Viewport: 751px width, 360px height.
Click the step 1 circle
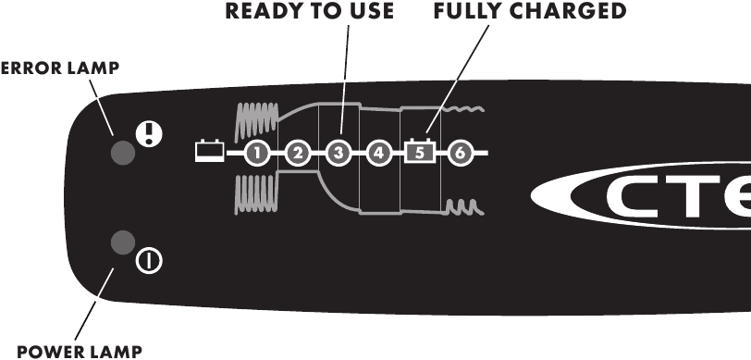(258, 151)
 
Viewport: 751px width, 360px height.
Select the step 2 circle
(297, 151)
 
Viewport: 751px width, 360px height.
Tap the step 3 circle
(339, 151)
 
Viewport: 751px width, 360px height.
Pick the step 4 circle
(378, 151)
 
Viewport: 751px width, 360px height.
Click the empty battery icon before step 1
(209, 150)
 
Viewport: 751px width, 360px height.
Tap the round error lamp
(121, 152)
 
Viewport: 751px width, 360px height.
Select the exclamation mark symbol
(148, 133)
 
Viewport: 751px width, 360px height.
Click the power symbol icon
(148, 261)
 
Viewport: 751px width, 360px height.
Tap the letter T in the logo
(700, 201)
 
